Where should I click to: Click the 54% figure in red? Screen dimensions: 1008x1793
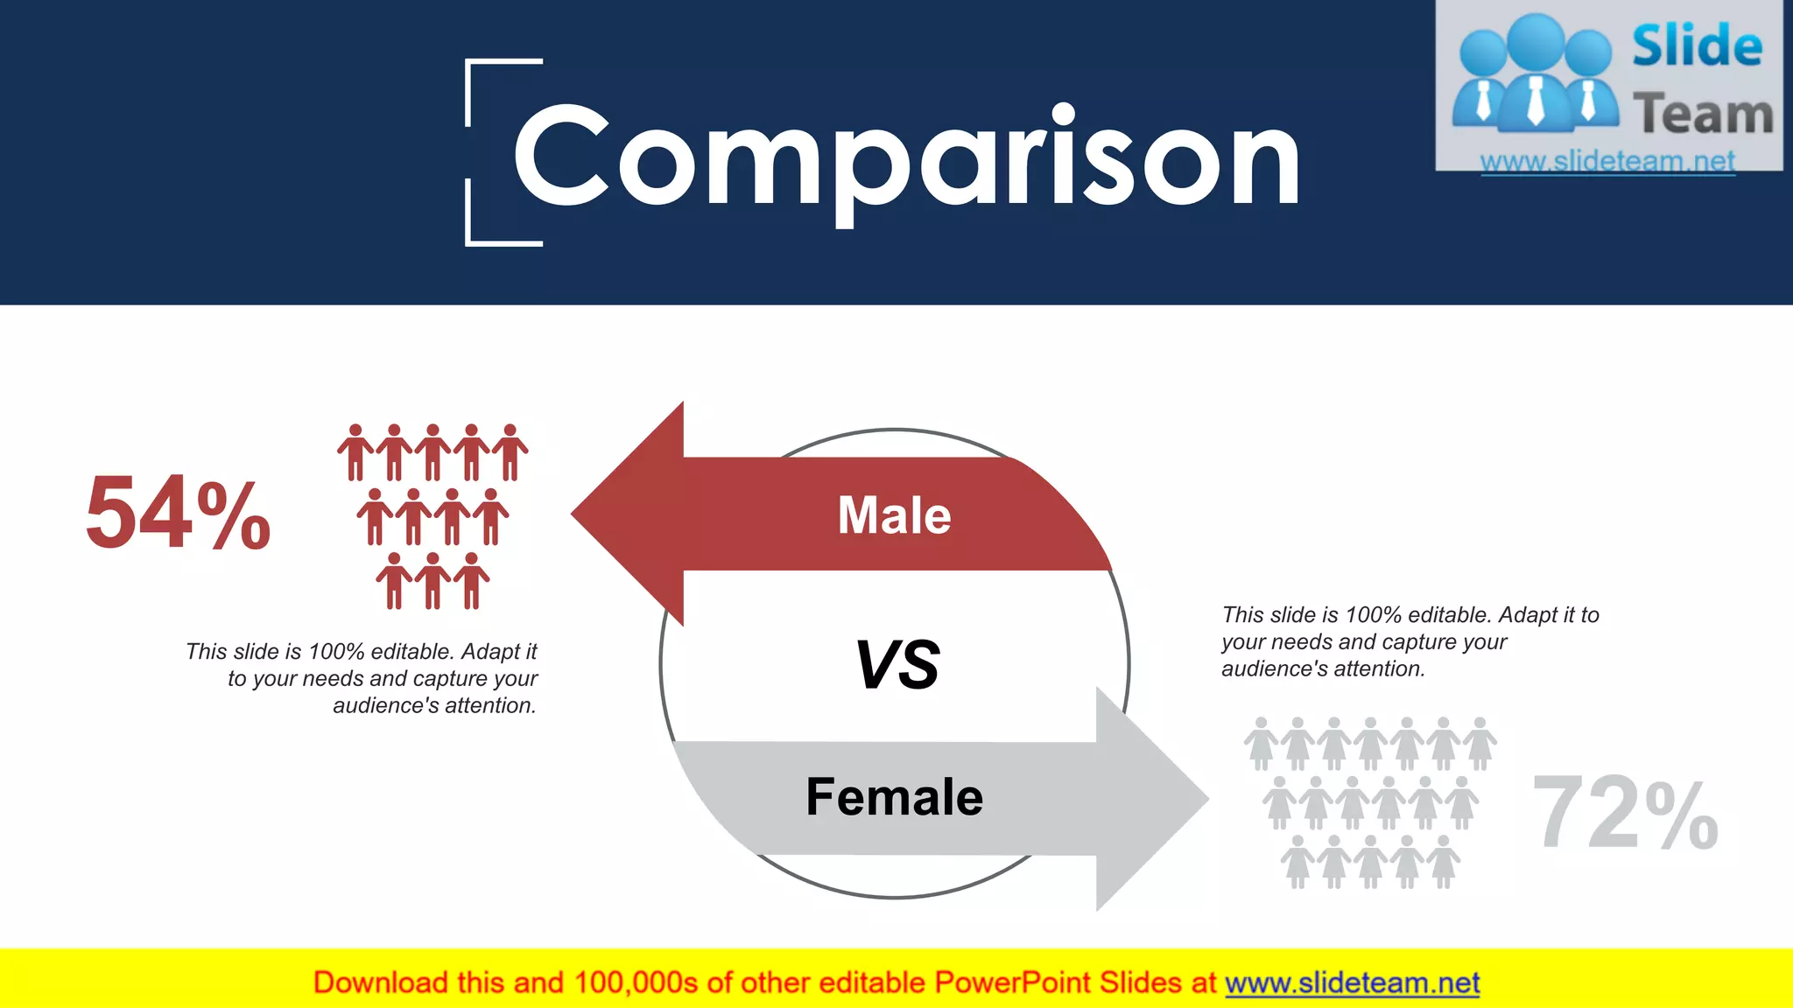tap(179, 514)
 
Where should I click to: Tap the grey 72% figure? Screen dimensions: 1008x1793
tap(1625, 814)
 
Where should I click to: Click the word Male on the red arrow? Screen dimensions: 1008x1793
tap(894, 514)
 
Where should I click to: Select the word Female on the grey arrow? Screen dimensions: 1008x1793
tap(894, 797)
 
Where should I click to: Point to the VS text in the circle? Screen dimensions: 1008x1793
tap(896, 665)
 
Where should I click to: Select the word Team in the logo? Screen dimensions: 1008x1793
tap(1702, 115)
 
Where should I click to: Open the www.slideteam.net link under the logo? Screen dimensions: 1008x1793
tap(1607, 161)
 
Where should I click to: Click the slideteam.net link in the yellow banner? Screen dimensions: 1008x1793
tap(1352, 983)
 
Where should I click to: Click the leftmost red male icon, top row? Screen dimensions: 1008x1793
tap(355, 451)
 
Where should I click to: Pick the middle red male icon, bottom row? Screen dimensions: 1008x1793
tap(432, 580)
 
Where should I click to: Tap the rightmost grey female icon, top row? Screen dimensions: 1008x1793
tap(1480, 743)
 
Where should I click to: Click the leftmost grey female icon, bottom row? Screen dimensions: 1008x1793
tap(1297, 861)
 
